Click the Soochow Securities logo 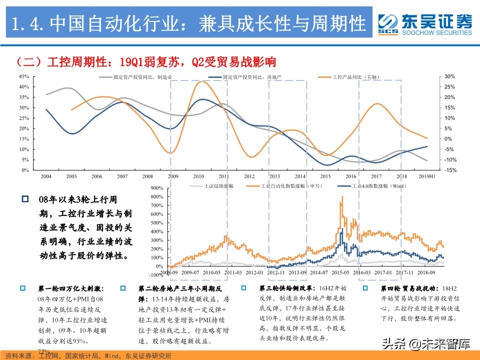coord(424,23)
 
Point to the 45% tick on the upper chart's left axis coord(23,76)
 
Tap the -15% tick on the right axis coord(449,170)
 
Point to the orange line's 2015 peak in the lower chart coord(342,196)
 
